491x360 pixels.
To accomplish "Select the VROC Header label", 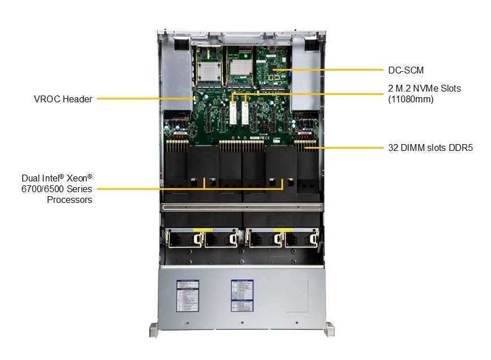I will coord(63,99).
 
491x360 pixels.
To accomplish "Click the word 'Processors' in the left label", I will coord(69,199).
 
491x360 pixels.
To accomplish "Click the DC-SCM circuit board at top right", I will coord(271,68).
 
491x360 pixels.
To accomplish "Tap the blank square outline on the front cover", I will coord(296,296).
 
